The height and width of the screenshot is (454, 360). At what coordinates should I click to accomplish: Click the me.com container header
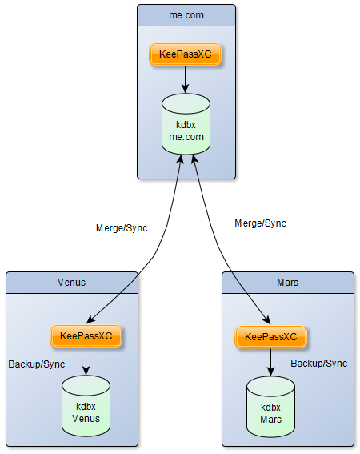(x=186, y=14)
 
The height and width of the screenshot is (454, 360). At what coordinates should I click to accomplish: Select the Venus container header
(x=71, y=282)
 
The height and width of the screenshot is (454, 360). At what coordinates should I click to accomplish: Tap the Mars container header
(x=287, y=282)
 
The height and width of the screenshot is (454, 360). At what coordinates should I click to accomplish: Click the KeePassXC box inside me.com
(x=186, y=54)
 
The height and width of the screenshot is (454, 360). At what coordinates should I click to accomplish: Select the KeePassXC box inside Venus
(x=86, y=336)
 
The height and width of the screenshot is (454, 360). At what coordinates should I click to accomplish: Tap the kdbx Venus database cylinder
(x=86, y=406)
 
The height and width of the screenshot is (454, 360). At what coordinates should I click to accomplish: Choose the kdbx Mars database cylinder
(x=270, y=406)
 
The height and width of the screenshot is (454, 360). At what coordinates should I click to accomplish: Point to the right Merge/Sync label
(x=260, y=223)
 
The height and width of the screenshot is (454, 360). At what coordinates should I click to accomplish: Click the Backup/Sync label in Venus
(x=37, y=364)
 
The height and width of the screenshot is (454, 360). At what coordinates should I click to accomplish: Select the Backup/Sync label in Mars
(x=318, y=364)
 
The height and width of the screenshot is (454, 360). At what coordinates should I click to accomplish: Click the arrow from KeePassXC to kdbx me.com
(x=186, y=79)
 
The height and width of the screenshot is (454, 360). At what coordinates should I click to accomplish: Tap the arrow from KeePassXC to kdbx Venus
(x=86, y=361)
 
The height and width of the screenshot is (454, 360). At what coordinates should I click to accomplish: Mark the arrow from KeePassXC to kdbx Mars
(x=270, y=361)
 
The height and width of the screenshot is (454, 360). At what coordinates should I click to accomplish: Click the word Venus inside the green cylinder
(x=86, y=416)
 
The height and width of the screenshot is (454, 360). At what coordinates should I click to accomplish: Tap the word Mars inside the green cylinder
(x=270, y=417)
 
